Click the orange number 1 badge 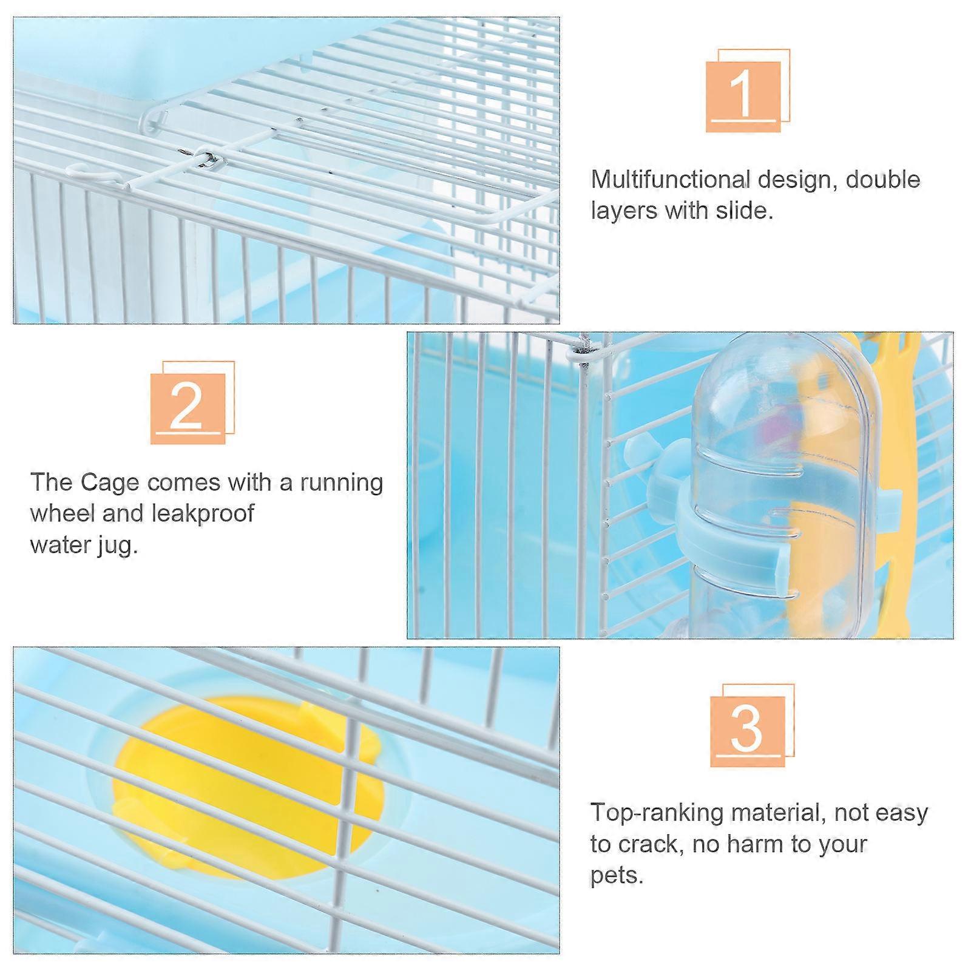click(747, 90)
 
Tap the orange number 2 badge click(192, 402)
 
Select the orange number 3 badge click(752, 725)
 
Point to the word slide click(743, 211)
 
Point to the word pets click(617, 876)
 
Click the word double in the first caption click(883, 180)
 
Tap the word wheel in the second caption click(63, 514)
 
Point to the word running click(341, 484)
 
